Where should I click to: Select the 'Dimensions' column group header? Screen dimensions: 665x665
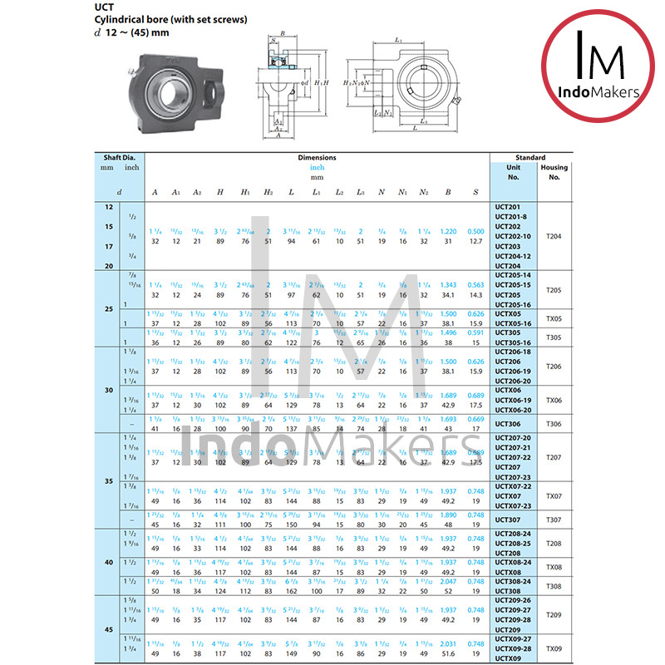point(317,157)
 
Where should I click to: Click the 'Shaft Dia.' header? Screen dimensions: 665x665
point(120,157)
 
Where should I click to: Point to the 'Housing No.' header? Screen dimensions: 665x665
point(554,171)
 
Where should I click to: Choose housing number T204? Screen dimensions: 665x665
point(554,236)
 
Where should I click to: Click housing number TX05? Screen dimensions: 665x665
point(554,319)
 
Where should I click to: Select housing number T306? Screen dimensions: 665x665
point(554,424)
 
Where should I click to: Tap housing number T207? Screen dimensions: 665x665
point(554,457)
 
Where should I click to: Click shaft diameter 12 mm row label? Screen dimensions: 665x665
point(109,206)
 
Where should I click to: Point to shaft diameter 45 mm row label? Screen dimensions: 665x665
point(109,629)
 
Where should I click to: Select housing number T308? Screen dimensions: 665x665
point(554,586)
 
